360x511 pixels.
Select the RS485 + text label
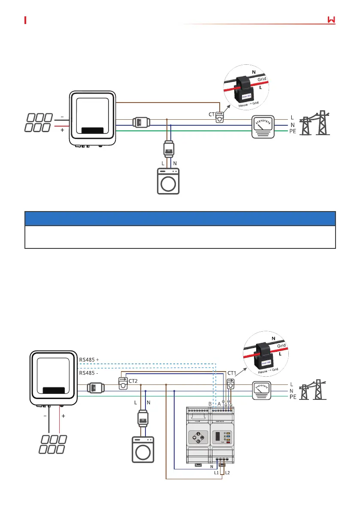pos(89,360)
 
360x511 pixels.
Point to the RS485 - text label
pos(89,373)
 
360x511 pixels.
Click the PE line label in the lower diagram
pos(293,397)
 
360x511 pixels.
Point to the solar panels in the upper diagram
pos(39,123)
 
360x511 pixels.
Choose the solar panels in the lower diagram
pos(53,444)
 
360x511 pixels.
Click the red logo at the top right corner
pos(330,20)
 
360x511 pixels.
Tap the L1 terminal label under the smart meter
pos(217,472)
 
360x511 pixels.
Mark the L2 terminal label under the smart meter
pos(228,472)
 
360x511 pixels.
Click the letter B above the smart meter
pos(210,404)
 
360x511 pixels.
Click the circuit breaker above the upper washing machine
pos(169,149)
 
